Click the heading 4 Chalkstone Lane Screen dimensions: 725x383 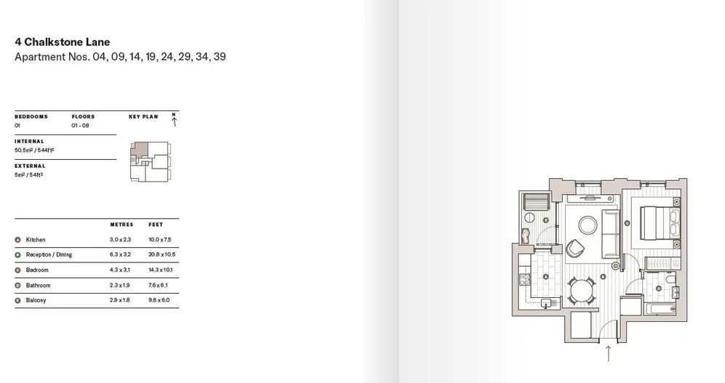pos(63,42)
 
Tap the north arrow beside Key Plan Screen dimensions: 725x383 pos(174,122)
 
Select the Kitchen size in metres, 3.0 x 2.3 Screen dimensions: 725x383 pos(120,240)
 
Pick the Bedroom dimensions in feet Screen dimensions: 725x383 pos(160,270)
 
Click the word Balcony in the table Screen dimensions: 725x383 pos(36,300)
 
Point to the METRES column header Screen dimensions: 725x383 pos(122,225)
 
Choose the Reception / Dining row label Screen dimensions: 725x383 pos(49,254)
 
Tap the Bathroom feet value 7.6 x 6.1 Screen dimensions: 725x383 pos(158,285)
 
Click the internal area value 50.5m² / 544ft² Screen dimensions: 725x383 pos(34,150)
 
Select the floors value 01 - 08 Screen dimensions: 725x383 pos(81,126)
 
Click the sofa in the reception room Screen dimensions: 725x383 pos(611,233)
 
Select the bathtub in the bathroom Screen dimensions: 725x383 pos(659,309)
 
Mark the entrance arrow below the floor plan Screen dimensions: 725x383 pos(609,353)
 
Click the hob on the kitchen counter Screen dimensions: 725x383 pos(525,279)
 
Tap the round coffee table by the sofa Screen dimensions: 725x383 pos(587,225)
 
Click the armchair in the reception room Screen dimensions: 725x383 pos(575,249)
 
